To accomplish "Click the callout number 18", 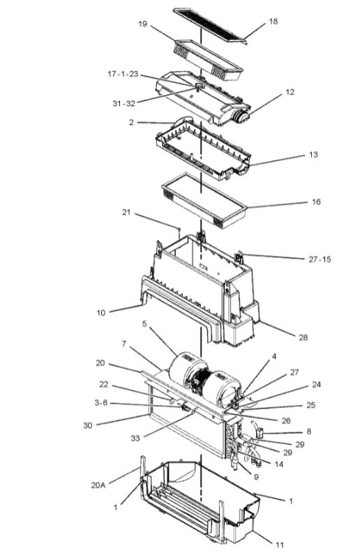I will point(273,22).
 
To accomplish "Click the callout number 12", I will point(290,92).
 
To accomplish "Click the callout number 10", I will point(101,312).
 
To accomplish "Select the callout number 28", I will point(303,337).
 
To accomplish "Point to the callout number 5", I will point(144,324).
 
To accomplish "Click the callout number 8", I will point(308,432).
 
